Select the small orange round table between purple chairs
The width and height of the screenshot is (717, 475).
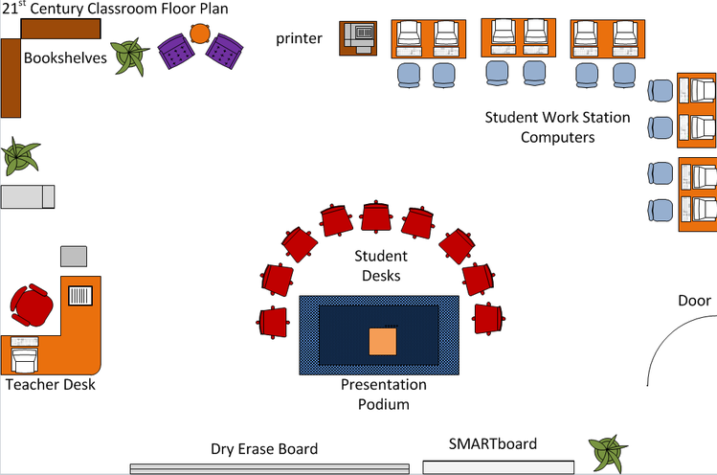[x=199, y=34]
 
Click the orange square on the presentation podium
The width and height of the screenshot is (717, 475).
[x=382, y=341]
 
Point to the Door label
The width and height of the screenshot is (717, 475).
[x=694, y=301]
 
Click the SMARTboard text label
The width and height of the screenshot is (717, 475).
[x=493, y=443]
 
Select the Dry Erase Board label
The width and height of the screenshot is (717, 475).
[x=264, y=448]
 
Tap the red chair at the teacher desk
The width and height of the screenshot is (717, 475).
[x=33, y=305]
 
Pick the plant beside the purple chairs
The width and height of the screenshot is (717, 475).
[x=129, y=56]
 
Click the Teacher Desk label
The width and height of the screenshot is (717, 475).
[x=50, y=385]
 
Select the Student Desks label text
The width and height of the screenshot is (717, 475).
[x=381, y=266]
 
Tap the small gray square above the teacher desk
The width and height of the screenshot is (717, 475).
[x=74, y=256]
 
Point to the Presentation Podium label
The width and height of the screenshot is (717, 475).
[x=383, y=394]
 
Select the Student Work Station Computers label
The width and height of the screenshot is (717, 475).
[x=557, y=127]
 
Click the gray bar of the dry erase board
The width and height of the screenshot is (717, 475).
[x=269, y=468]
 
